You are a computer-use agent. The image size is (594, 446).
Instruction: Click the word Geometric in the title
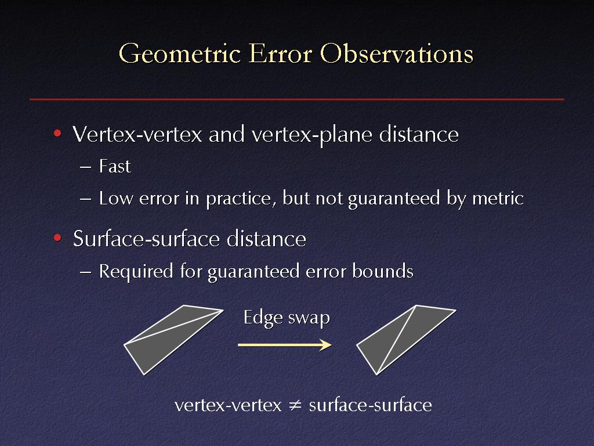[180, 54]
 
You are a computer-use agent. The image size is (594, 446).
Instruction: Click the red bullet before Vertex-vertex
[57, 133]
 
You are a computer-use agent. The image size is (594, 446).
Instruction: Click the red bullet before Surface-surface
[57, 238]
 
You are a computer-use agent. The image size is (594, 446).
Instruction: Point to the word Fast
[115, 166]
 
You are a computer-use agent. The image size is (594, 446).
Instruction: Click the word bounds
[383, 271]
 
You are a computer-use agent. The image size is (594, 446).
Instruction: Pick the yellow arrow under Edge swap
[284, 345]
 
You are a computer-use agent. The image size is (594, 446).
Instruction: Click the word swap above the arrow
[309, 318]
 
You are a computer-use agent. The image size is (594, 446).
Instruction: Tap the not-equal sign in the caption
[295, 405]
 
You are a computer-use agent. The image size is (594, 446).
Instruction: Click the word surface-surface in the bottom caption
[371, 405]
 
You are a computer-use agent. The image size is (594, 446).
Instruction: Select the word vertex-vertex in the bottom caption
[228, 405]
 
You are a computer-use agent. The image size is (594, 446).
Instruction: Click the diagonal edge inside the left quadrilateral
[173, 328]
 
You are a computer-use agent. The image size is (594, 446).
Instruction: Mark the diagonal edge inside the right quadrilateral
[397, 340]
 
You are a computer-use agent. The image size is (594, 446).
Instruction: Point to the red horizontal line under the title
[296, 99]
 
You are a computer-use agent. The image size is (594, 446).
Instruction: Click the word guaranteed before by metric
[394, 199]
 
